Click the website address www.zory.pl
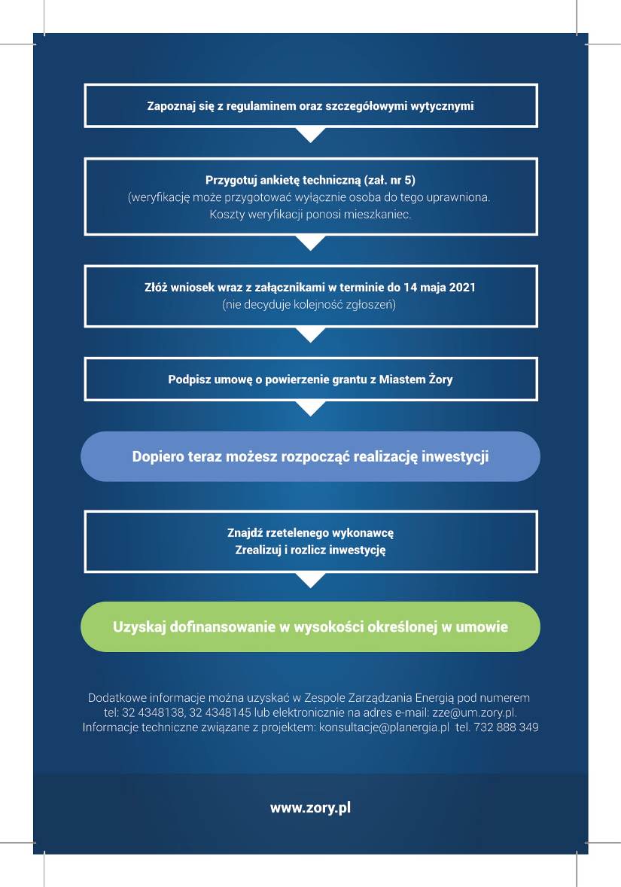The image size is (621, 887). pos(310,808)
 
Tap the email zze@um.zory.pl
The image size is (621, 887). pos(474,713)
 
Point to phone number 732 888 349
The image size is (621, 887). pos(506,727)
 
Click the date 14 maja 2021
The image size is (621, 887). pos(440,288)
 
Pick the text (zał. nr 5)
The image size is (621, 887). pos(390,181)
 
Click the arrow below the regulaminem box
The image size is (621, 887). pos(310,135)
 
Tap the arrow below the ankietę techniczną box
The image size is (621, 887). pos(310,242)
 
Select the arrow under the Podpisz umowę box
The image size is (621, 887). pos(310,408)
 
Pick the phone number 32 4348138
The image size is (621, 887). pos(153,713)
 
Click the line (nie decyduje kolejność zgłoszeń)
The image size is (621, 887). pos(309,305)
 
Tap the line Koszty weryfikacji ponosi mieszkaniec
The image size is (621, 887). pos(310,215)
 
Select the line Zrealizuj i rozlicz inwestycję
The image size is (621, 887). pos(310,550)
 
